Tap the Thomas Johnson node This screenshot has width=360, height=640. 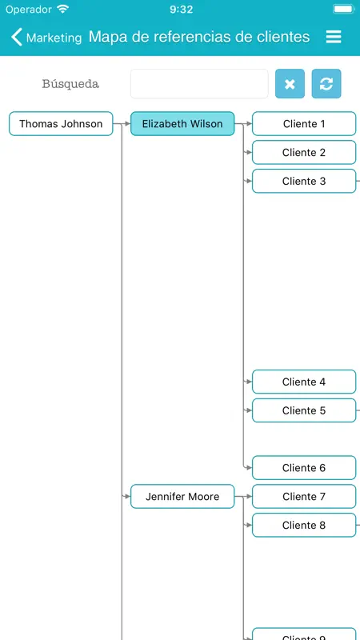(x=61, y=124)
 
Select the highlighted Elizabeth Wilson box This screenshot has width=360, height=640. (x=182, y=124)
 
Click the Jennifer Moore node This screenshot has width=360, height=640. (x=182, y=496)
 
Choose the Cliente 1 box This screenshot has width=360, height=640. (x=304, y=124)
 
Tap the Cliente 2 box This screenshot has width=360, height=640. (x=304, y=152)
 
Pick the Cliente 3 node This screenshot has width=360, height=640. (x=304, y=181)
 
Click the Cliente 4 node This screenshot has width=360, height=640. (x=304, y=382)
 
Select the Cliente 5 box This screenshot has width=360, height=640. (x=304, y=410)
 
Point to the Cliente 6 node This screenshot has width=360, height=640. (x=304, y=468)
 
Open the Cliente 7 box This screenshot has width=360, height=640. (x=304, y=496)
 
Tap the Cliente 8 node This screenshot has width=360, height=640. (x=304, y=525)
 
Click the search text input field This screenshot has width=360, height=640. (x=199, y=84)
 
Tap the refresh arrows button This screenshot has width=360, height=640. (x=326, y=84)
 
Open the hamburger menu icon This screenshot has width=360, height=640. (x=334, y=37)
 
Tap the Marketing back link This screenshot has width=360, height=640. (x=46, y=37)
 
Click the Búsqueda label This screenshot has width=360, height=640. (x=70, y=84)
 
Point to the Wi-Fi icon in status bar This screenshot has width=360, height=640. (x=63, y=9)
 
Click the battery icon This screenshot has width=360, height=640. (x=344, y=9)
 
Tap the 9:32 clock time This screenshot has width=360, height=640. (x=181, y=10)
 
